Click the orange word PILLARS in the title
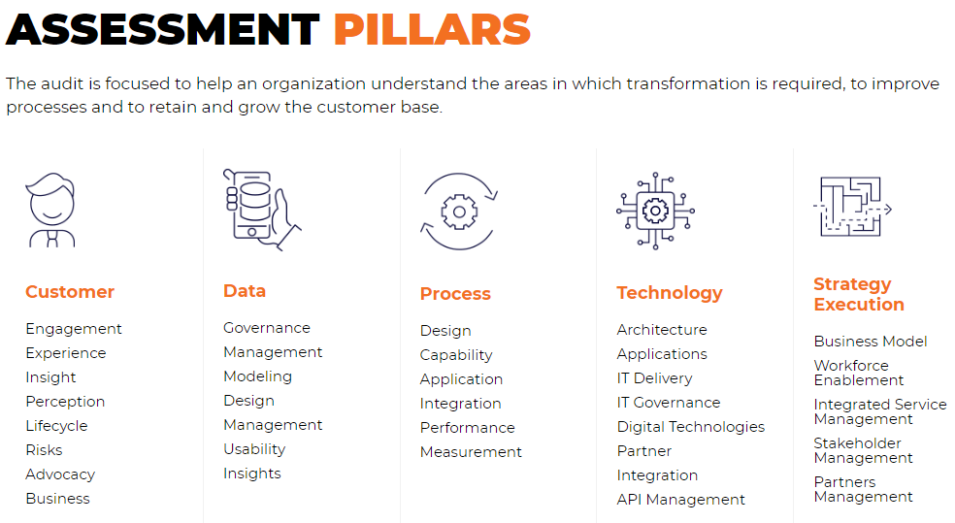click(x=432, y=29)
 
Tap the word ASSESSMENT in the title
click(x=163, y=29)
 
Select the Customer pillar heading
click(x=70, y=292)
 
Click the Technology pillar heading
click(x=670, y=293)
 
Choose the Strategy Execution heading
click(x=859, y=294)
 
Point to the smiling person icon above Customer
click(x=51, y=210)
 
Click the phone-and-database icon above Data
click(x=261, y=209)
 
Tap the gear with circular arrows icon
click(x=459, y=212)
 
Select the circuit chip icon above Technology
click(x=655, y=211)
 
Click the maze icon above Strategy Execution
click(x=852, y=207)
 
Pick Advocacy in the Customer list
click(x=60, y=474)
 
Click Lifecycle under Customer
click(x=56, y=426)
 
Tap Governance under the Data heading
click(x=267, y=328)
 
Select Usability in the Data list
click(x=254, y=449)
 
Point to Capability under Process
click(x=456, y=355)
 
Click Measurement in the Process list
click(x=471, y=452)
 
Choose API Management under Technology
click(x=680, y=500)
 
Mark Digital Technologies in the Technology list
click(x=691, y=427)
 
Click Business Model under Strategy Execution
click(x=871, y=341)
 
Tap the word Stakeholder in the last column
click(x=857, y=443)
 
